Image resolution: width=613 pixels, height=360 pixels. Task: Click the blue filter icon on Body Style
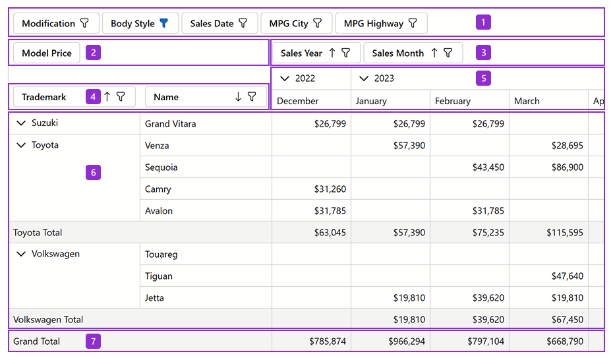164,23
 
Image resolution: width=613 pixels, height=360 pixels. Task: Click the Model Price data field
47,53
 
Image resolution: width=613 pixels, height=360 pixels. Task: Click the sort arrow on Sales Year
332,53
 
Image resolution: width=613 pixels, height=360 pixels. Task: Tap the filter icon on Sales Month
448,53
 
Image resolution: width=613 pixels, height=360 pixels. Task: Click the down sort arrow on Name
238,97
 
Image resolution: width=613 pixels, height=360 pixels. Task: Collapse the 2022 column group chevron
285,78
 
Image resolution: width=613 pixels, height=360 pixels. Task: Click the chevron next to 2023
364,78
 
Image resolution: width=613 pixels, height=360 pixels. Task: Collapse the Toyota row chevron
21,145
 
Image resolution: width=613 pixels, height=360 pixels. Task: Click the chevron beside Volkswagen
21,254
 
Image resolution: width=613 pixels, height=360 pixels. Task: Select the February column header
453,101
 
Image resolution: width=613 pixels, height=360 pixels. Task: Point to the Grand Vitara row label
171,123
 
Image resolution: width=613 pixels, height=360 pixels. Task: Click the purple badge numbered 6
93,173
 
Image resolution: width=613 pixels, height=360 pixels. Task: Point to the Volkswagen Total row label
48,320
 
